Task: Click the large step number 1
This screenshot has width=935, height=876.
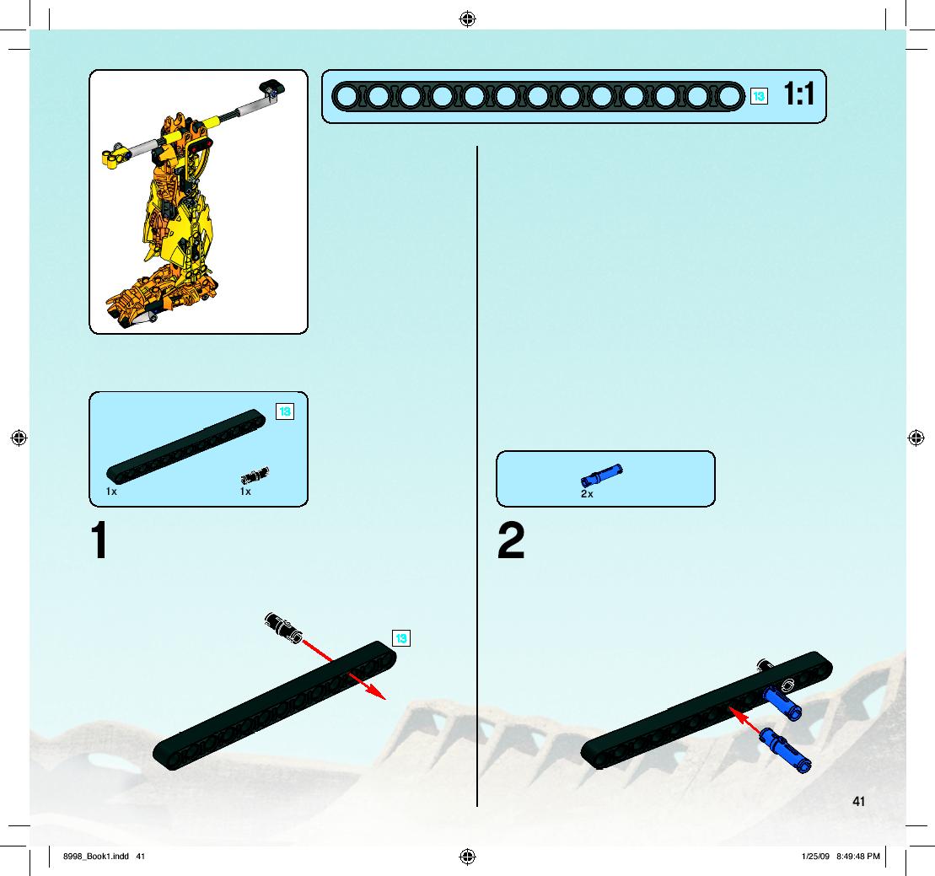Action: coord(99,540)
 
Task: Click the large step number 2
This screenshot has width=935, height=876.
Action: coord(511,540)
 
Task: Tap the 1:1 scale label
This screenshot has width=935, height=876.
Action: coord(798,94)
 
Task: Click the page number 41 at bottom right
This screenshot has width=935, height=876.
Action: coord(858,802)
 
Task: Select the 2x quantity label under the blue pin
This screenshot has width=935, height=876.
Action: coord(587,494)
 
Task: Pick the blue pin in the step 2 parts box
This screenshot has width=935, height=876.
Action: coord(602,476)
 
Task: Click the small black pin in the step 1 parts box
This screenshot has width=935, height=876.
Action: coord(255,476)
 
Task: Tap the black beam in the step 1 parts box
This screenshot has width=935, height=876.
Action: coord(186,445)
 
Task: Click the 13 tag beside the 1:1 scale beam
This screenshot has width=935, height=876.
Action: coord(759,96)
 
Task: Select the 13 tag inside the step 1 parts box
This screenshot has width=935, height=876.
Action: coord(285,411)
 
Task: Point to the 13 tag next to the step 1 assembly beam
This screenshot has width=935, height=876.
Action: coord(401,639)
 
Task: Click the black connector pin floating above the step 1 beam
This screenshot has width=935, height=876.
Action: coord(283,628)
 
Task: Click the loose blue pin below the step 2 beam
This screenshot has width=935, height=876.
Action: coord(785,750)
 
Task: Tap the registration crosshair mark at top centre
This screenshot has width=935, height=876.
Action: coord(467,19)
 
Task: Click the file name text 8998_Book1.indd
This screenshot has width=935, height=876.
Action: coord(96,857)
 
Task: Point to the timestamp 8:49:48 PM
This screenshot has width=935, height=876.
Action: coord(858,857)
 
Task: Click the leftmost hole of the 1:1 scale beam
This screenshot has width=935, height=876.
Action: coord(346,97)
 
